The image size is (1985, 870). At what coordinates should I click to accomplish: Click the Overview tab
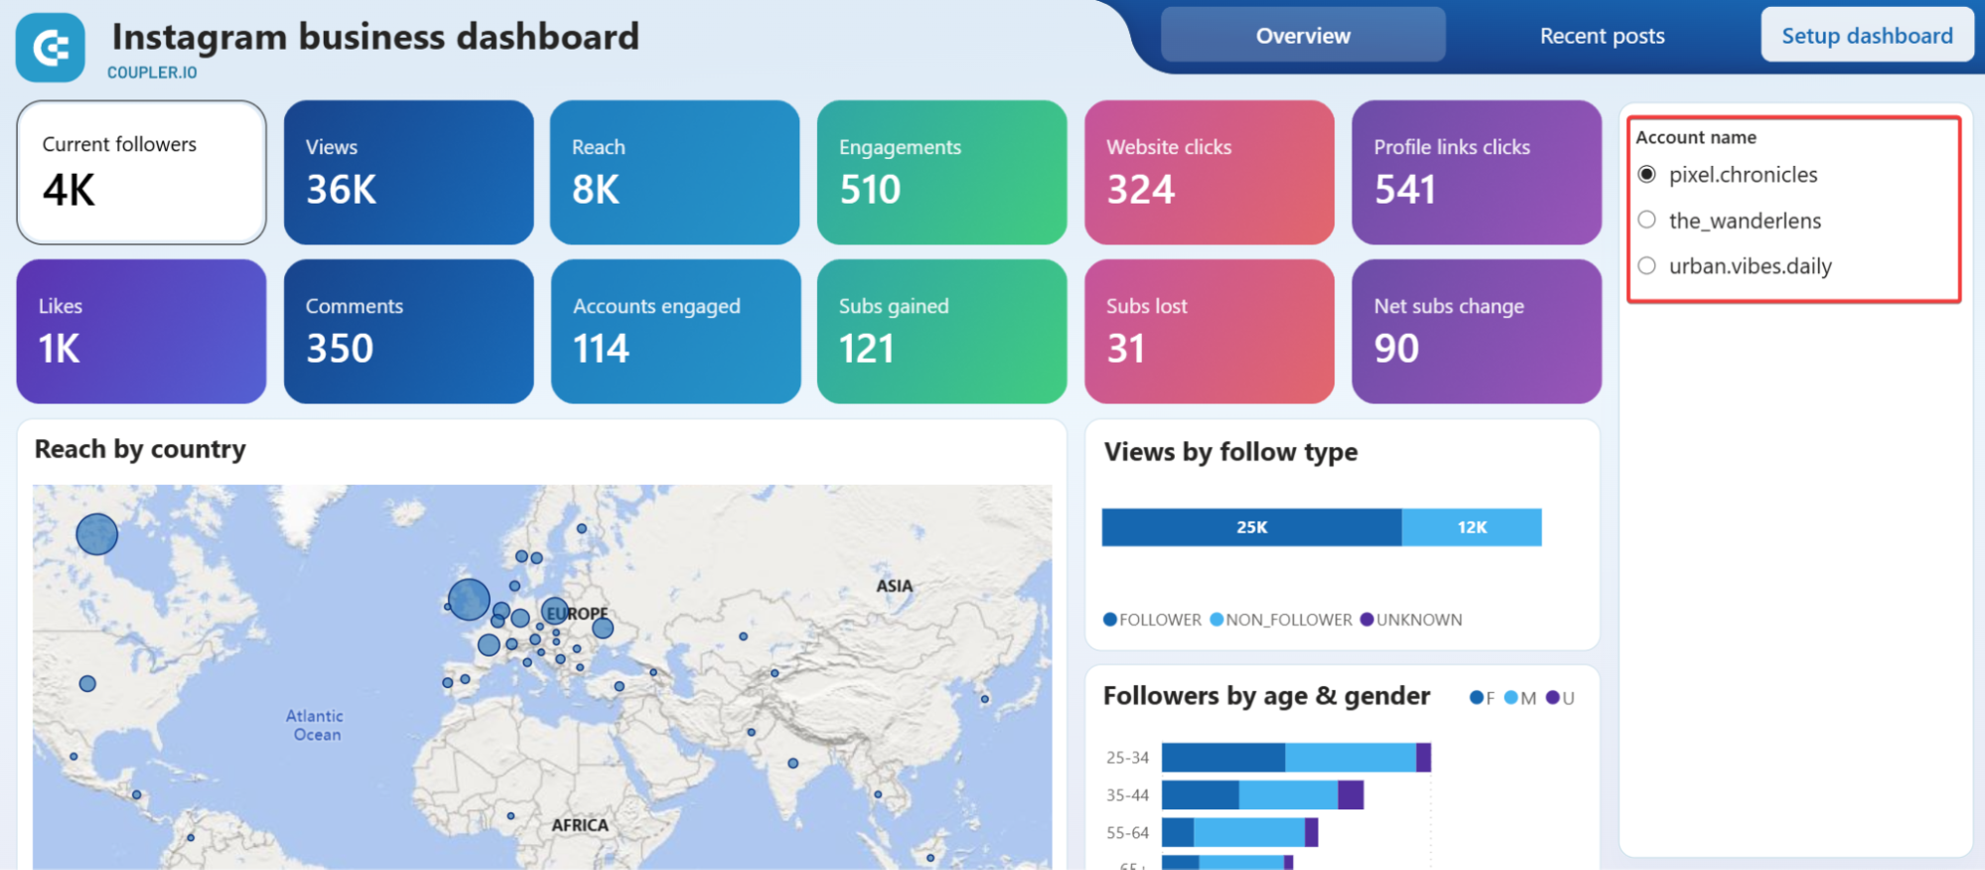coord(1302,36)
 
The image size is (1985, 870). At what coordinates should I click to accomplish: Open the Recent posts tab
coord(1602,36)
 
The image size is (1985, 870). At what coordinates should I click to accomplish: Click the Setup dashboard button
coord(1866,36)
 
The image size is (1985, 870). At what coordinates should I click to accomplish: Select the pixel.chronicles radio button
coord(1647,175)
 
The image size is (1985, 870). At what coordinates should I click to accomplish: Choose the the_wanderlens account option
coord(1647,219)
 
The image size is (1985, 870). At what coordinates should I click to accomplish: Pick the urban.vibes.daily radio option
coord(1647,265)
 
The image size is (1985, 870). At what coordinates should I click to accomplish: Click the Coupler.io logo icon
coord(51,48)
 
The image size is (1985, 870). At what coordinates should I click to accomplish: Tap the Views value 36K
coord(341,190)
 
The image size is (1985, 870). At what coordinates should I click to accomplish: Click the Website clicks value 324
coord(1140,190)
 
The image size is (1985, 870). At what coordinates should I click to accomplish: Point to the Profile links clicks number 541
coord(1404,190)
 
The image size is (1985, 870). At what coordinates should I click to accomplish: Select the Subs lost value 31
coord(1125,349)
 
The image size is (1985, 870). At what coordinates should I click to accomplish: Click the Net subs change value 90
coord(1396,349)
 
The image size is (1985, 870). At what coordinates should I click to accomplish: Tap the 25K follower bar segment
coord(1251,527)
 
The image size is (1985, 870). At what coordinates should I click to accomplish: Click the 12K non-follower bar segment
coord(1472,527)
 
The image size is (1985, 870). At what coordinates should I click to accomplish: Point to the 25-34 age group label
coord(1127,758)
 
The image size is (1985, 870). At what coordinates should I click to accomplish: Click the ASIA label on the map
coord(894,586)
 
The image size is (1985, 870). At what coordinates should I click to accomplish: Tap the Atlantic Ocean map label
coord(316,725)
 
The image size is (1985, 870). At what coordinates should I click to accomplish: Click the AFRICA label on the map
coord(580,825)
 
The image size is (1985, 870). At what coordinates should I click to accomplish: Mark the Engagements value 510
coord(870,190)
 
